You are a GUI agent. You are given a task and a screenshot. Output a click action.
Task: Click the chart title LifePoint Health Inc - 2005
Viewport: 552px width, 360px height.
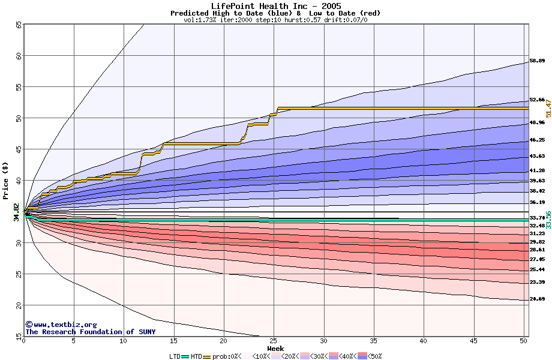(276, 6)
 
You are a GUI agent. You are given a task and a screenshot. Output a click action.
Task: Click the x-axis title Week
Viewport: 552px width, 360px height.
(275, 349)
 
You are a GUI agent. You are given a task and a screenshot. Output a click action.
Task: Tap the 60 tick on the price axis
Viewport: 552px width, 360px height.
(19, 56)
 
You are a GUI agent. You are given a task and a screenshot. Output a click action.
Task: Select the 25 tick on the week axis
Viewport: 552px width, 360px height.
(274, 341)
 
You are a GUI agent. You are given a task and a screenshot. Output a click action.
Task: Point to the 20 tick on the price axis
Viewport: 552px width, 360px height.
(19, 305)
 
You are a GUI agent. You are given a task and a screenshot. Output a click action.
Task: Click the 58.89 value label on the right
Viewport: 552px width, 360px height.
(537, 61)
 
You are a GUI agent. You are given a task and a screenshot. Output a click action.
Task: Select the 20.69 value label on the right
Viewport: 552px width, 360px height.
(537, 299)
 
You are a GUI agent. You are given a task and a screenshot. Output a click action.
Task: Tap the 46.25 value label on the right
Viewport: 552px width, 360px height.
(537, 140)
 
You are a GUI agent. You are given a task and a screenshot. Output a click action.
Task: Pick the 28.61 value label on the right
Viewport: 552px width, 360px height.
(537, 250)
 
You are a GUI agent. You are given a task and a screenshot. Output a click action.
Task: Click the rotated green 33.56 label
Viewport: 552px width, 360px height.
(548, 220)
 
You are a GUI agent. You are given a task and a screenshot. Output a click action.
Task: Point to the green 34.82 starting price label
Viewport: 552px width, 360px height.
(17, 212)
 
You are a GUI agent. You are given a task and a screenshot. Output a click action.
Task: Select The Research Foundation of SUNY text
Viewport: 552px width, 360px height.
(90, 332)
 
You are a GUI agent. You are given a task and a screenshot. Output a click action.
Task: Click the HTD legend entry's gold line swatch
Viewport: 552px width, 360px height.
(207, 356)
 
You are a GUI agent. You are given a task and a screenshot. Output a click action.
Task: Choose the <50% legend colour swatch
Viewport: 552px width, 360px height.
(362, 356)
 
